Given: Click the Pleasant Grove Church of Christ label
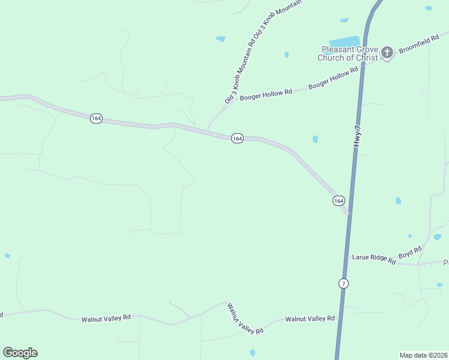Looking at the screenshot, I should [x=350, y=53].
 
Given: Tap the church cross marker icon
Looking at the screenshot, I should [x=387, y=53].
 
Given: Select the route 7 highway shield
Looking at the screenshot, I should [x=343, y=283].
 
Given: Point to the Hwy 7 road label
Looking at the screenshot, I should [x=358, y=136].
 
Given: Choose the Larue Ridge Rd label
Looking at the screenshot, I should [x=373, y=259].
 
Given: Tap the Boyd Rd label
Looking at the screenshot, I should [x=411, y=252].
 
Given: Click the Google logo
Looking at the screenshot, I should [x=20, y=353].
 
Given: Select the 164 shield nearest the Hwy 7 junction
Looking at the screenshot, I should [x=339, y=200].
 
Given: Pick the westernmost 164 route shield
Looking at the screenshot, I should [x=96, y=118].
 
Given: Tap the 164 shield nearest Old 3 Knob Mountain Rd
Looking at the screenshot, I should [x=237, y=139].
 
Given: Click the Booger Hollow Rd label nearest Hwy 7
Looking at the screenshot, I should [x=333, y=78].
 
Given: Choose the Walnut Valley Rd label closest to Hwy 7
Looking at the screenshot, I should [x=310, y=319].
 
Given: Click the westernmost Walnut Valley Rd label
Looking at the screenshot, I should [x=106, y=319].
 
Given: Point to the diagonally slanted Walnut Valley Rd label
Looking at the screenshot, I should [x=245, y=319].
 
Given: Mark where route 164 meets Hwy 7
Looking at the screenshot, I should [x=348, y=212].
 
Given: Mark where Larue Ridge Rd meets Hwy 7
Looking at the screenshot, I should [x=346, y=257].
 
